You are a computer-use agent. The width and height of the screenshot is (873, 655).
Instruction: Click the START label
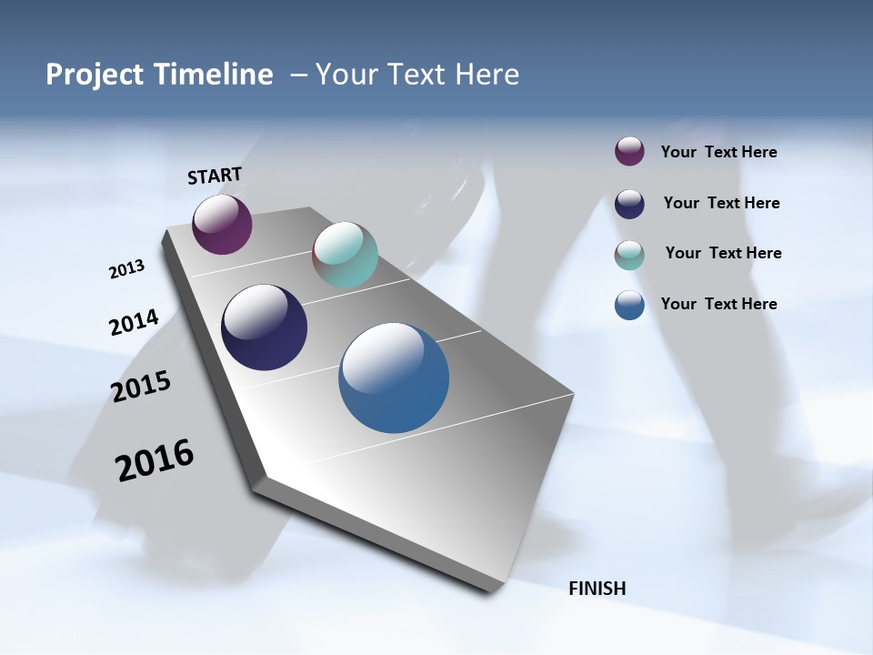coord(215,176)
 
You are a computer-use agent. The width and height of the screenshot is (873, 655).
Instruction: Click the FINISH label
coord(597,589)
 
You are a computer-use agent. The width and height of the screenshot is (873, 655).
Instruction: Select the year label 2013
coord(126,269)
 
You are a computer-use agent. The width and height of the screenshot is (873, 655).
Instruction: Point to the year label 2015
coord(141,387)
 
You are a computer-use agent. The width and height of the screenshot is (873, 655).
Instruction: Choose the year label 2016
coord(155,460)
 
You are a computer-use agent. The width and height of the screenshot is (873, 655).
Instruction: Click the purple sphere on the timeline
coord(222,224)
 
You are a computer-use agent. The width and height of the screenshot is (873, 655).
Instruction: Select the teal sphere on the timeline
coord(345,255)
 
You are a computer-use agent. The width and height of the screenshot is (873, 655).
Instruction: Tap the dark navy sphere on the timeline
coord(264,327)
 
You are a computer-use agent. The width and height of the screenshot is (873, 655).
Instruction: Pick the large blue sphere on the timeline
coord(394,378)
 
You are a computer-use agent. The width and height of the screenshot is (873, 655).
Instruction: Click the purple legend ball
coord(629,152)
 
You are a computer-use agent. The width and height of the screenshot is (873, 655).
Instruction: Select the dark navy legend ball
coord(629,204)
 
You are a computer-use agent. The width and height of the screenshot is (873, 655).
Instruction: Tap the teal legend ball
coord(629,255)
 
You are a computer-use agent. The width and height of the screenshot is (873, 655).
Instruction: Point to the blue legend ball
coord(629,305)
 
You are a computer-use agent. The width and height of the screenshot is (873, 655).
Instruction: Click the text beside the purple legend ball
coord(718,153)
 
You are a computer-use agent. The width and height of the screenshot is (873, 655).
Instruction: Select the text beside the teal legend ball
coord(723,253)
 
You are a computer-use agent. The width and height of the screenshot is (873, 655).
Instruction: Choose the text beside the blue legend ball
coord(718,304)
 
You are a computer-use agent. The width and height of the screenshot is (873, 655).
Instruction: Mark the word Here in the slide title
coord(487,75)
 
